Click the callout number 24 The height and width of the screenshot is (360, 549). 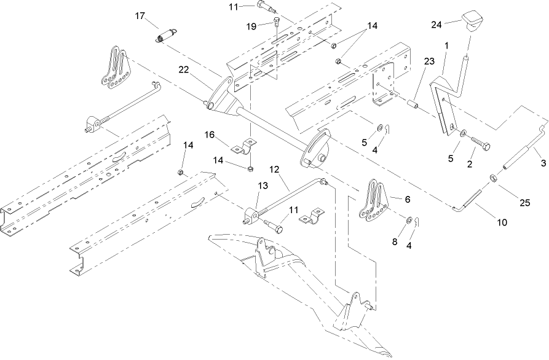pos(436,25)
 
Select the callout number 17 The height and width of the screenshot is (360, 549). pos(141,15)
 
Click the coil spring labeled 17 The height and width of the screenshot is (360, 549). pos(165,36)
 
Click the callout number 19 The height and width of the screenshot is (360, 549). pos(251,26)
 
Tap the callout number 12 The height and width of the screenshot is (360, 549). pos(274,168)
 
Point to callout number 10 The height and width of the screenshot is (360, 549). pos(502,222)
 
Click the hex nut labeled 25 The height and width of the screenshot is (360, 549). pos(493,179)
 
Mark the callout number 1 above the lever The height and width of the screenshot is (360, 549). pos(446,46)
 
